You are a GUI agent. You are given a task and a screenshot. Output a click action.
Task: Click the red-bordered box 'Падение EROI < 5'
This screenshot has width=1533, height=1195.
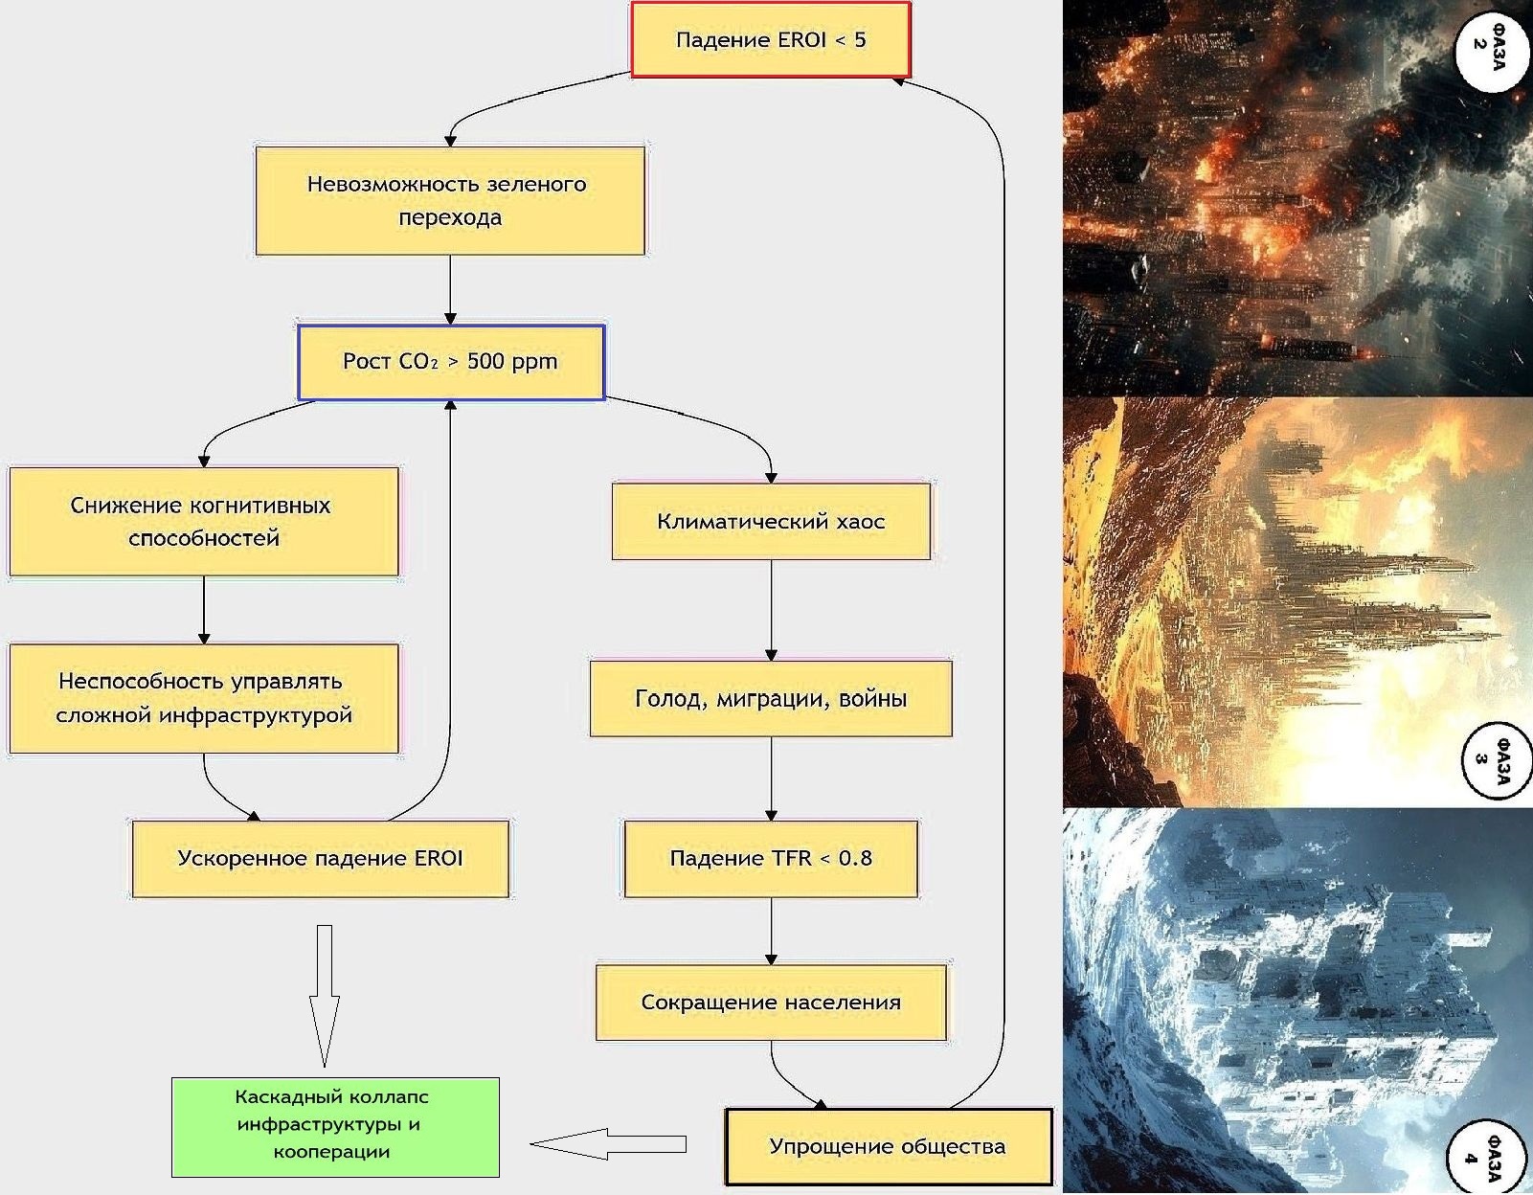click(770, 39)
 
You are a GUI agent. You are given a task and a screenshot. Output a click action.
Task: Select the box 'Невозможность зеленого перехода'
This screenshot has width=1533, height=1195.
click(450, 200)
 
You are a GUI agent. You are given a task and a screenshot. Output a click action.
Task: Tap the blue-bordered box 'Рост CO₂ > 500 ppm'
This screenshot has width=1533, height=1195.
click(450, 362)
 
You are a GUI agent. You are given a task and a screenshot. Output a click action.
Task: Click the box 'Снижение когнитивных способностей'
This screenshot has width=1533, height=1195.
click(203, 522)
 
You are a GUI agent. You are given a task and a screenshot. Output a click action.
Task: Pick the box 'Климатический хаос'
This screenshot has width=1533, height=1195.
click(771, 522)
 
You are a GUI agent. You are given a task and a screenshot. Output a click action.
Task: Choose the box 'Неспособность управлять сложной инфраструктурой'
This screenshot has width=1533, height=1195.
click(203, 698)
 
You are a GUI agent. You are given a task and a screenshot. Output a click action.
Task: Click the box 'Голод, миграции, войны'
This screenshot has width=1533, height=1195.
click(771, 698)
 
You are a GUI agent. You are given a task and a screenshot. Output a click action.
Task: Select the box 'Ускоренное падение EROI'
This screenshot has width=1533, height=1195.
click(320, 858)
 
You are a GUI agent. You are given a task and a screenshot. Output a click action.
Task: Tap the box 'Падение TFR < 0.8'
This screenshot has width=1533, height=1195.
click(771, 858)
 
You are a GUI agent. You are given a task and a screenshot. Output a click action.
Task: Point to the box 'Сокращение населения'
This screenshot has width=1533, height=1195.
click(771, 1003)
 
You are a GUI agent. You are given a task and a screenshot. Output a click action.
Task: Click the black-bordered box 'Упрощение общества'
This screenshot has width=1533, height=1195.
click(888, 1146)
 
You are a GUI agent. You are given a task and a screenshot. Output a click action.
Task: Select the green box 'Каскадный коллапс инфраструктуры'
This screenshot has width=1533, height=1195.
click(335, 1126)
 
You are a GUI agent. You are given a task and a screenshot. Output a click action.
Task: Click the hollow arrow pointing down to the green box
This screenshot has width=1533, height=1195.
click(324, 996)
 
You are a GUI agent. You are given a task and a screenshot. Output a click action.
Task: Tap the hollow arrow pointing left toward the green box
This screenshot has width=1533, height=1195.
click(607, 1143)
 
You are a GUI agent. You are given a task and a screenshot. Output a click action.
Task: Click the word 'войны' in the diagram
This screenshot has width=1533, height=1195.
click(872, 698)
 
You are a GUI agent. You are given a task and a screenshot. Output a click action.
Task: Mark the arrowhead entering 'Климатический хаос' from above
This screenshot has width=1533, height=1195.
click(771, 477)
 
